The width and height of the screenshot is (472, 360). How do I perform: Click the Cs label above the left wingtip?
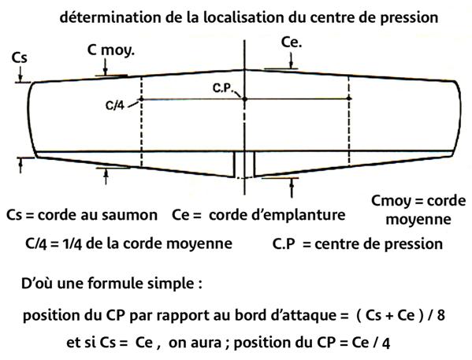(19, 58)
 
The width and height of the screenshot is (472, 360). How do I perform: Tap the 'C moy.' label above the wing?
(111, 50)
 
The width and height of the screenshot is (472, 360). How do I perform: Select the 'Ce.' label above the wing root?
(292, 43)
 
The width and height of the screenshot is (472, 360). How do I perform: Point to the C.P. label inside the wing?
(222, 88)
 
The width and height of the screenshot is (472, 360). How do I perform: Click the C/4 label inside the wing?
(115, 106)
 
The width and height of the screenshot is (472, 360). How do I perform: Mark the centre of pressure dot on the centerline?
(245, 98)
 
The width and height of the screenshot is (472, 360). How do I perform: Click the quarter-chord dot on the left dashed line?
(141, 98)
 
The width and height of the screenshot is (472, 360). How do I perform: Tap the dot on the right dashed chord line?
(349, 98)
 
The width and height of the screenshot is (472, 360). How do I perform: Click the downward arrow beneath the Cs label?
(20, 74)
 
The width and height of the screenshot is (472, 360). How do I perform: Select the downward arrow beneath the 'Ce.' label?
(291, 61)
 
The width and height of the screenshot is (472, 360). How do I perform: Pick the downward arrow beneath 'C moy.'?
(105, 67)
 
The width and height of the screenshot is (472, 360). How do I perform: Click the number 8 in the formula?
(441, 315)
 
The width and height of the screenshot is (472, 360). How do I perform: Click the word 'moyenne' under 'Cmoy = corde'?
(418, 220)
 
